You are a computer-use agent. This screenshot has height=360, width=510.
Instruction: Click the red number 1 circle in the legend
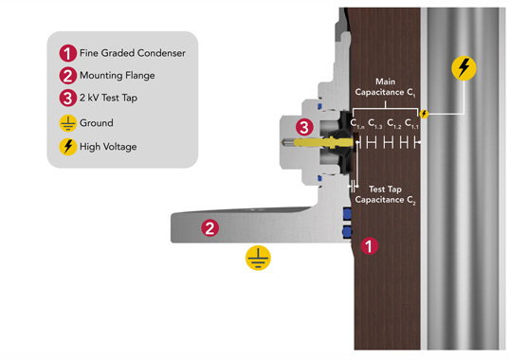pos(67,53)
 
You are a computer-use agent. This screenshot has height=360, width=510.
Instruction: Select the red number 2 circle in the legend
pos(67,76)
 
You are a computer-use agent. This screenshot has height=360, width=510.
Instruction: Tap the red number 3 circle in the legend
pos(67,98)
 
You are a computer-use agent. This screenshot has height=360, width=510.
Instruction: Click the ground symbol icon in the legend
pos(67,123)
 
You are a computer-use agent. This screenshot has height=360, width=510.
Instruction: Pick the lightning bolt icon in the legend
pos(67,147)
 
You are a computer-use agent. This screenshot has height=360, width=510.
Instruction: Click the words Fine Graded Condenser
pos(133,53)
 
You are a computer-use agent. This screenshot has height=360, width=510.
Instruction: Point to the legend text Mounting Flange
pos(118,76)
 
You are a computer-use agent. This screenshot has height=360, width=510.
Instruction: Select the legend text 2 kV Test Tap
pos(108,98)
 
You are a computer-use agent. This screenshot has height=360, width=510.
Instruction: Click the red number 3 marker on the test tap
pos(304,127)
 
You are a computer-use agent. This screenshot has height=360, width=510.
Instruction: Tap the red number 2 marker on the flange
pos(209,227)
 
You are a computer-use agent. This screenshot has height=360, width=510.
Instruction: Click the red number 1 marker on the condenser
pos(369,246)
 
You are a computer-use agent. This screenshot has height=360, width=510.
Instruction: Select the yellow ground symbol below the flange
pos(258,258)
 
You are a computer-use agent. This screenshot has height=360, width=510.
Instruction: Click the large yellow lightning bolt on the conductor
pos(464,68)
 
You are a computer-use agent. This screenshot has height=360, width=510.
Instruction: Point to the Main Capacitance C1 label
pos(385,87)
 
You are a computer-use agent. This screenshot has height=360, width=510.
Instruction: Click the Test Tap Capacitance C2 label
pos(385,194)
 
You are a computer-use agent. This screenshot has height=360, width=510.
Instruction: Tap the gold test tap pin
pos(322,142)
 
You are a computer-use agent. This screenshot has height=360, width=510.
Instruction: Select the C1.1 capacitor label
pos(411,124)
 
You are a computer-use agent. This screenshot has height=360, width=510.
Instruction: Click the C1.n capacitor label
pos(357,124)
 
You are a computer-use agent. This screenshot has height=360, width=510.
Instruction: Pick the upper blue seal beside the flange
pos(347,213)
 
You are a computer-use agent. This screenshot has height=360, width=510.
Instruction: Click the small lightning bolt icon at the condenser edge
pos(424,114)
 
